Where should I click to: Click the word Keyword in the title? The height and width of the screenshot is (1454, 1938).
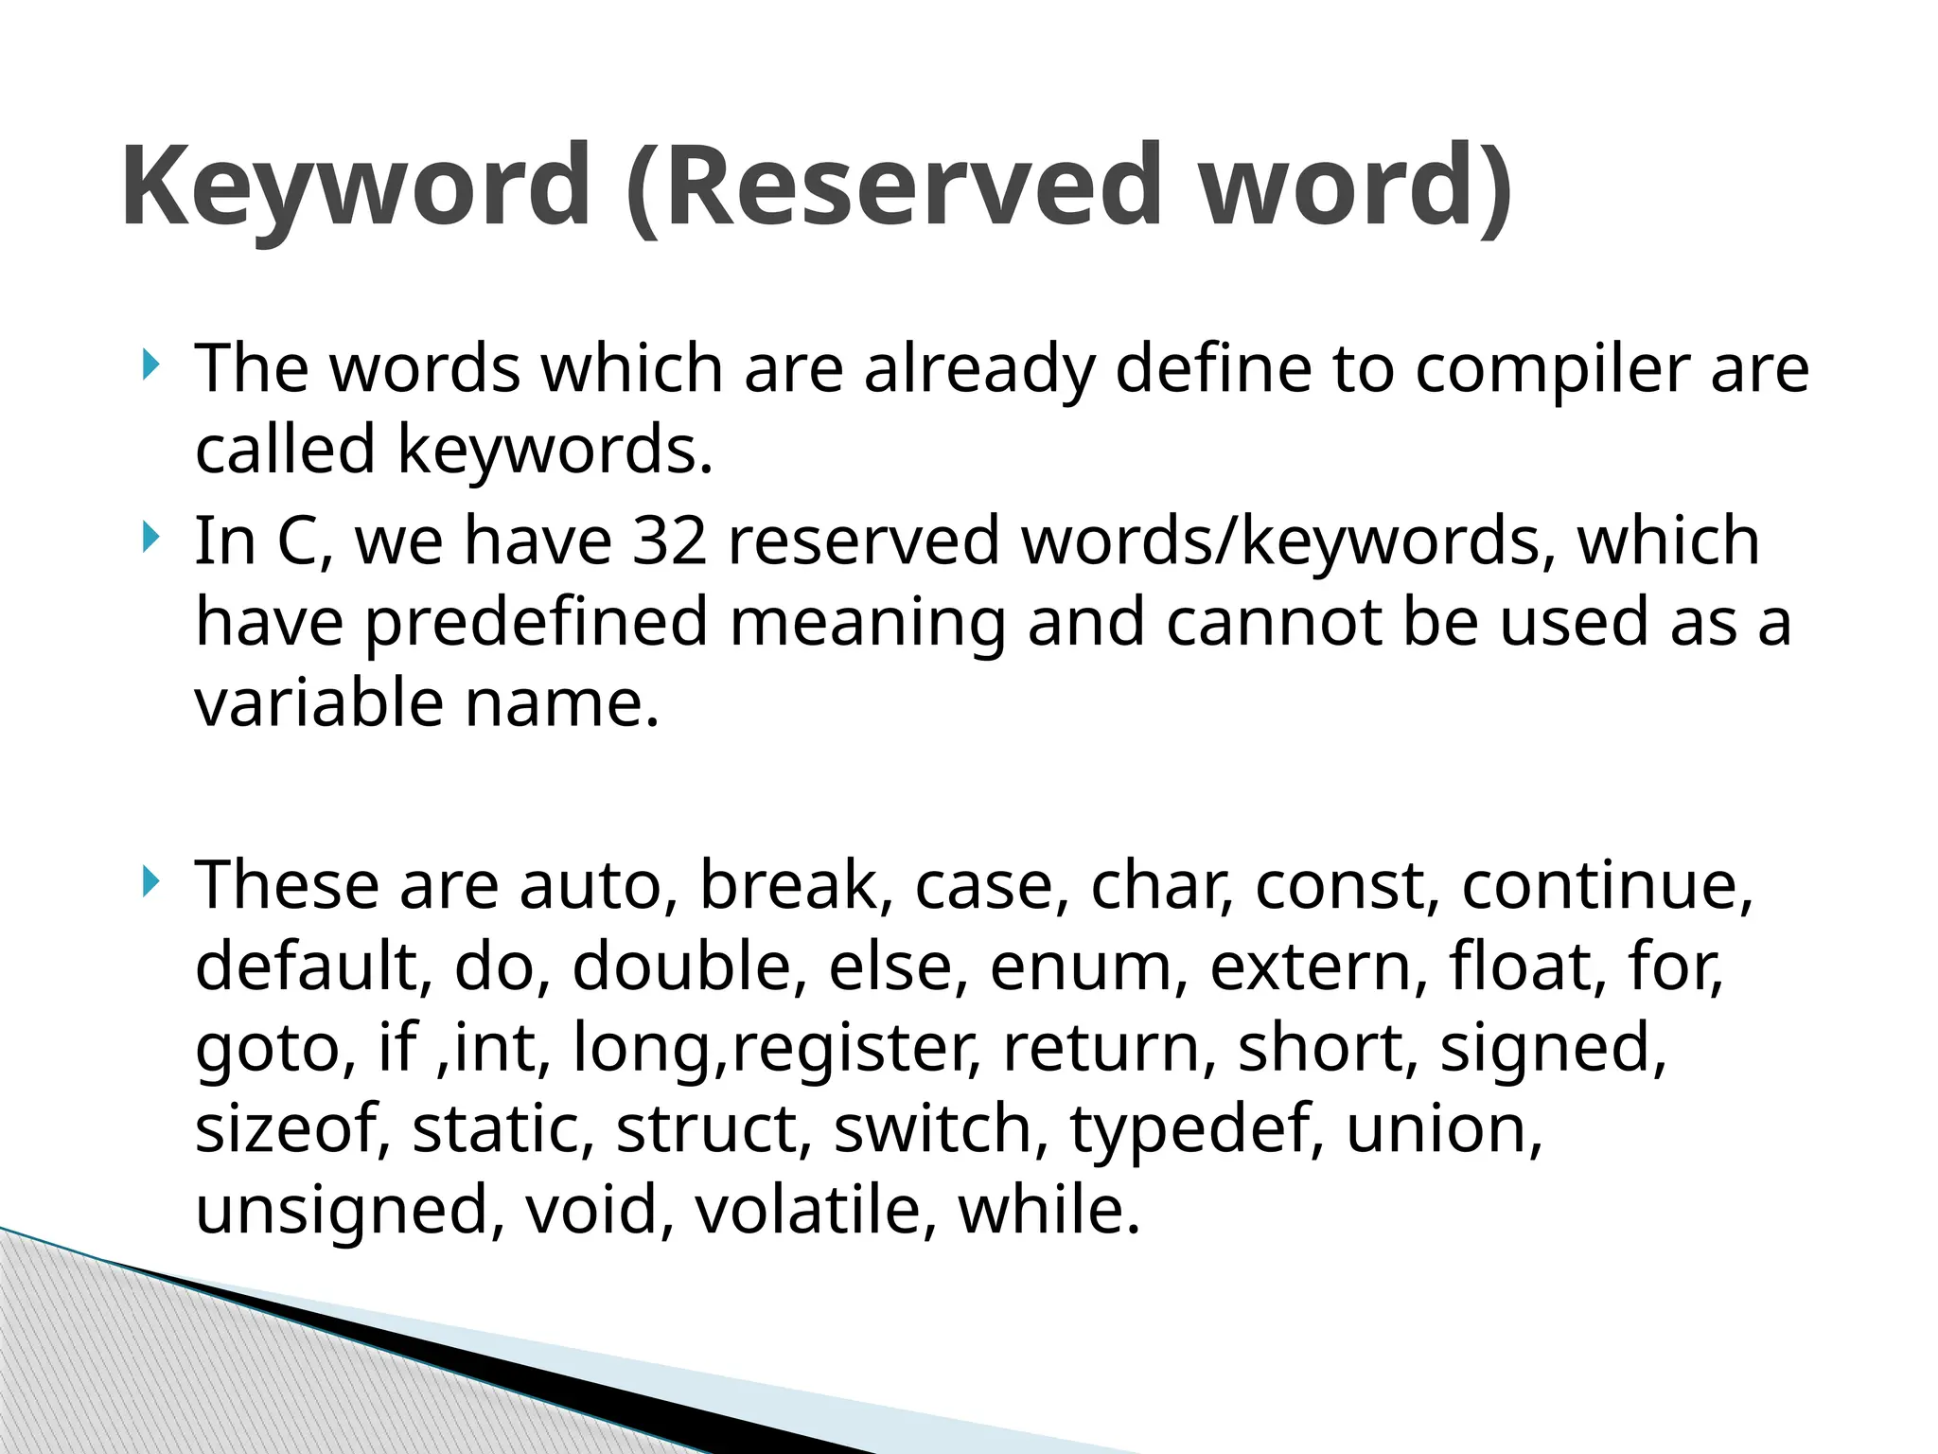tap(356, 186)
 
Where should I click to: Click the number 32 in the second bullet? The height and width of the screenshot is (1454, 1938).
tap(670, 541)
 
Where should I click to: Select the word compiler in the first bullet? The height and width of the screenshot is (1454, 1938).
tap(1553, 369)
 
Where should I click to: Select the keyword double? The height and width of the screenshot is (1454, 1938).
tap(681, 966)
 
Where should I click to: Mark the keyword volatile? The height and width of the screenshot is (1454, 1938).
tap(806, 1211)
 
